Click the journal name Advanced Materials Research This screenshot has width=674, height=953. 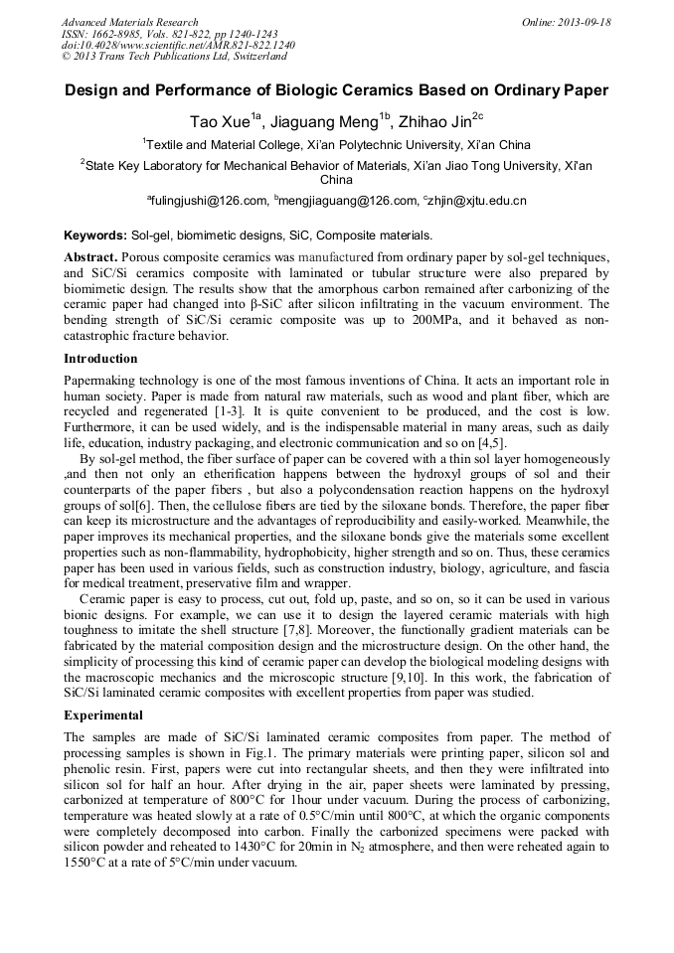point(129,22)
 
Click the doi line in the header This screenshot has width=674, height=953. point(178,46)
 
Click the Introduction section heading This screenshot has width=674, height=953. point(100,359)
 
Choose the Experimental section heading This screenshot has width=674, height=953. point(103,715)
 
